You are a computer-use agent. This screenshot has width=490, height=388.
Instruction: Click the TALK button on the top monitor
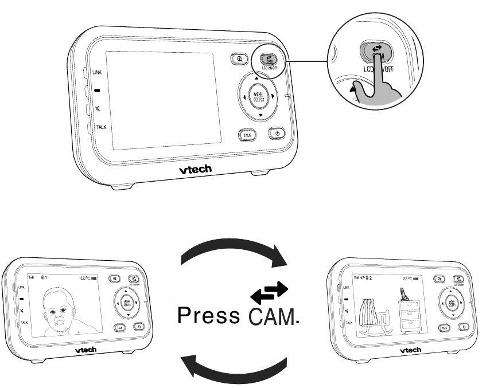[247, 135]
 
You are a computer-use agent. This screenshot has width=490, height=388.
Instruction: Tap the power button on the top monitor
[277, 134]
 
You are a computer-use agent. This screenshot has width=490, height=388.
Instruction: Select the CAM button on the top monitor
[268, 58]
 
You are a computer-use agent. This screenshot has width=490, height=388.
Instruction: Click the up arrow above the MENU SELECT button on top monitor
[256, 77]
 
